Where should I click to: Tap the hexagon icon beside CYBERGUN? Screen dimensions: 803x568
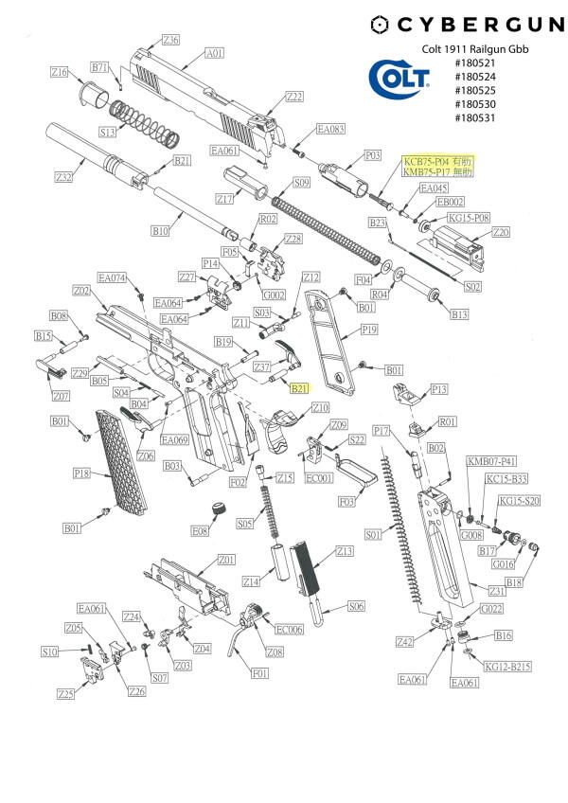[381, 25]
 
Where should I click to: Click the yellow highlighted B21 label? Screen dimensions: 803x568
[299, 388]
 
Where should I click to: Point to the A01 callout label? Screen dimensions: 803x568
[215, 54]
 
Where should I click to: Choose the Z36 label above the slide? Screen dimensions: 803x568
[170, 40]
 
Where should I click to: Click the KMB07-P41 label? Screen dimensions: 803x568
[491, 461]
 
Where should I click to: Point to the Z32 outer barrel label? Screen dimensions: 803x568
[64, 177]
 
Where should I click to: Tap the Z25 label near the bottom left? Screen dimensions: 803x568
[65, 694]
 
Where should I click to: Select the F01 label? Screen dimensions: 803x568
[258, 674]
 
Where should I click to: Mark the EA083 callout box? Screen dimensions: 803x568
[330, 129]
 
